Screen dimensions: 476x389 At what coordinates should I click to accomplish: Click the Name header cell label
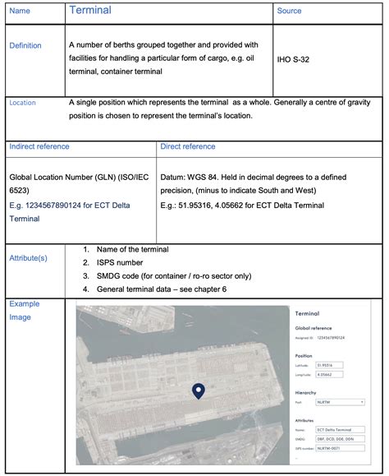point(19,12)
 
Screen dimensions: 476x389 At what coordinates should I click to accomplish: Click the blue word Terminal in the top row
point(90,11)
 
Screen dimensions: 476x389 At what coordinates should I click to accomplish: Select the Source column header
point(289,11)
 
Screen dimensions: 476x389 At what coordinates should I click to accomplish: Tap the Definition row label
point(25,46)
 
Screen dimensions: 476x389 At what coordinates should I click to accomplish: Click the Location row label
point(22,103)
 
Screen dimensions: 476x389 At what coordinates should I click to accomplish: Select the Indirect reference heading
point(39,147)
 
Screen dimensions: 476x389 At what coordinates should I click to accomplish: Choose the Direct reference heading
point(188,147)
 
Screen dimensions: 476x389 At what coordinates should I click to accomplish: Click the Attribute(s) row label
point(28,258)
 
